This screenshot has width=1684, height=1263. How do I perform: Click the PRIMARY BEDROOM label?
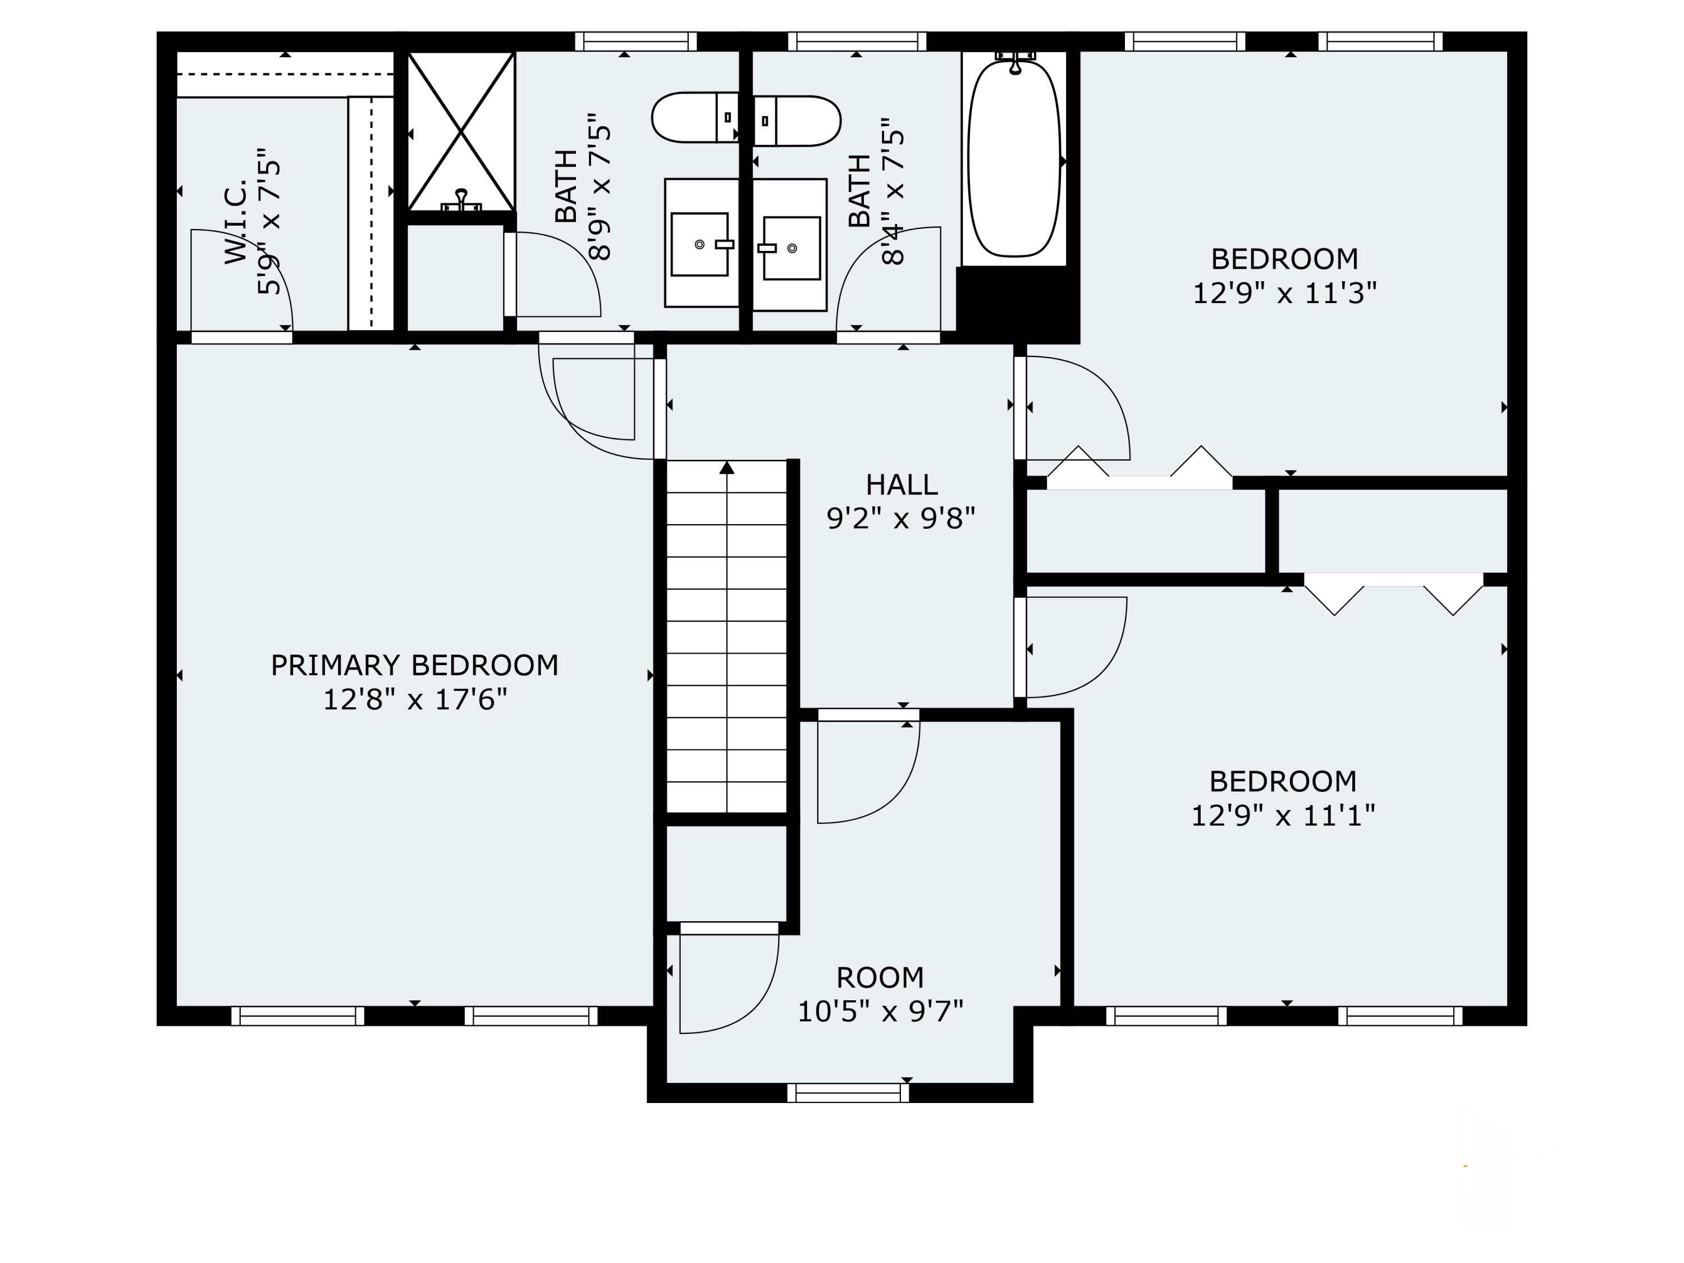pyautogui.click(x=415, y=665)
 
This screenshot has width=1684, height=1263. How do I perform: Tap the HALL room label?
pyautogui.click(x=902, y=484)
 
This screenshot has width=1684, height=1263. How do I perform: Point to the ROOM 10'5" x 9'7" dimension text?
pyautogui.click(x=880, y=1011)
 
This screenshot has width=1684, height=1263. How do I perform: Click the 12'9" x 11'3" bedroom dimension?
pyautogui.click(x=1284, y=292)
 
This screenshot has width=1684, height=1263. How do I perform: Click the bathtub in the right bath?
pyautogui.click(x=1014, y=158)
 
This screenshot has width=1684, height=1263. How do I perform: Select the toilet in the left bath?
pyautogui.click(x=695, y=117)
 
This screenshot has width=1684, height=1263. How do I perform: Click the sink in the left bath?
pyautogui.click(x=701, y=244)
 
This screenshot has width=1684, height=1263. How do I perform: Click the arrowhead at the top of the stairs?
pyautogui.click(x=727, y=468)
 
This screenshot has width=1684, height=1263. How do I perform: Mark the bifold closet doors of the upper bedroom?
pyautogui.click(x=1140, y=466)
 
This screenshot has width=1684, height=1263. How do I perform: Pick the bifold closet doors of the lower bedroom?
pyautogui.click(x=1394, y=594)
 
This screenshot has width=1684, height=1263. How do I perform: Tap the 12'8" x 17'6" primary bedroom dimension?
pyautogui.click(x=415, y=699)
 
